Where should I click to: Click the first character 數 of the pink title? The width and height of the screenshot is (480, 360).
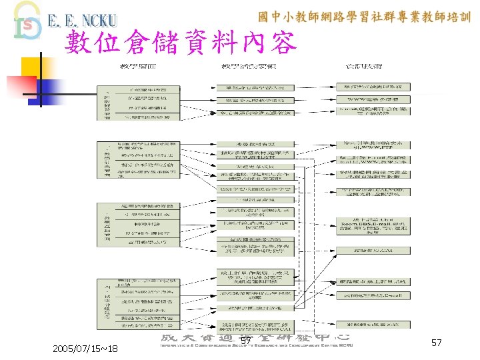click(x=81, y=43)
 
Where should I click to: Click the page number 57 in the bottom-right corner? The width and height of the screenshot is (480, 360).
click(x=437, y=343)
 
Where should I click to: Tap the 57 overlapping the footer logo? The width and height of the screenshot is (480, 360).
click(x=246, y=342)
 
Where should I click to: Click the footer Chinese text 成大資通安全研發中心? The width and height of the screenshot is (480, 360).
click(x=257, y=339)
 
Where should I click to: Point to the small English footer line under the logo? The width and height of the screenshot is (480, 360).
click(x=257, y=345)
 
